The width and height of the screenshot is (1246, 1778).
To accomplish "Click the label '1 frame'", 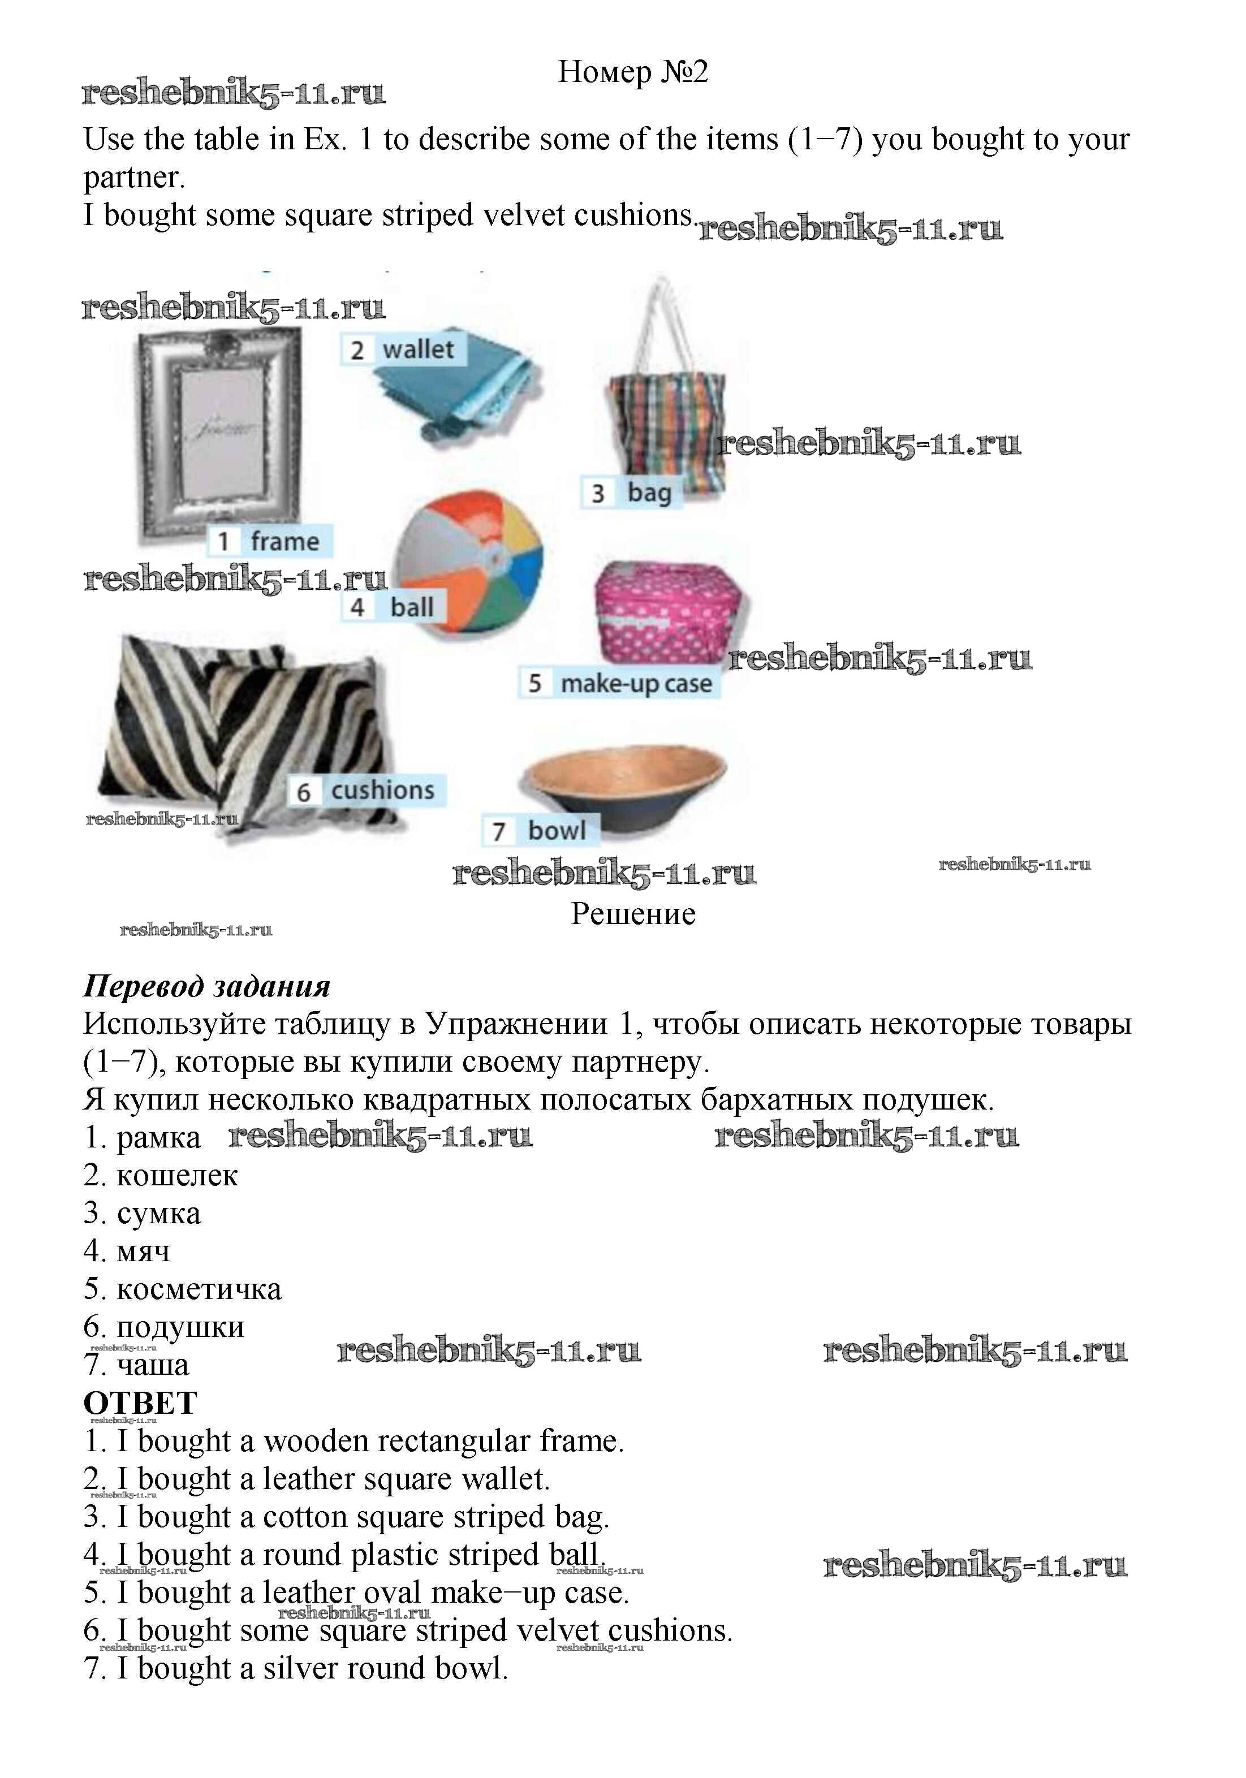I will coord(269,541).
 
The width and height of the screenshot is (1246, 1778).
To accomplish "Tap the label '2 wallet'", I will coord(403,349).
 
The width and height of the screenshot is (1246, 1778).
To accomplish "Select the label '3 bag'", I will coord(631,493).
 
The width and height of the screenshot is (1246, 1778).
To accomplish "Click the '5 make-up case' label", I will coord(619,683).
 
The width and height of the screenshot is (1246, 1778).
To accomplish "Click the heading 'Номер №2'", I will coord(633,72).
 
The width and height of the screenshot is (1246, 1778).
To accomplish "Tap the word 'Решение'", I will coord(633,914).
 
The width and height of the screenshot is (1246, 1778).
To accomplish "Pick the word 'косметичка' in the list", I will coord(199,1289).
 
